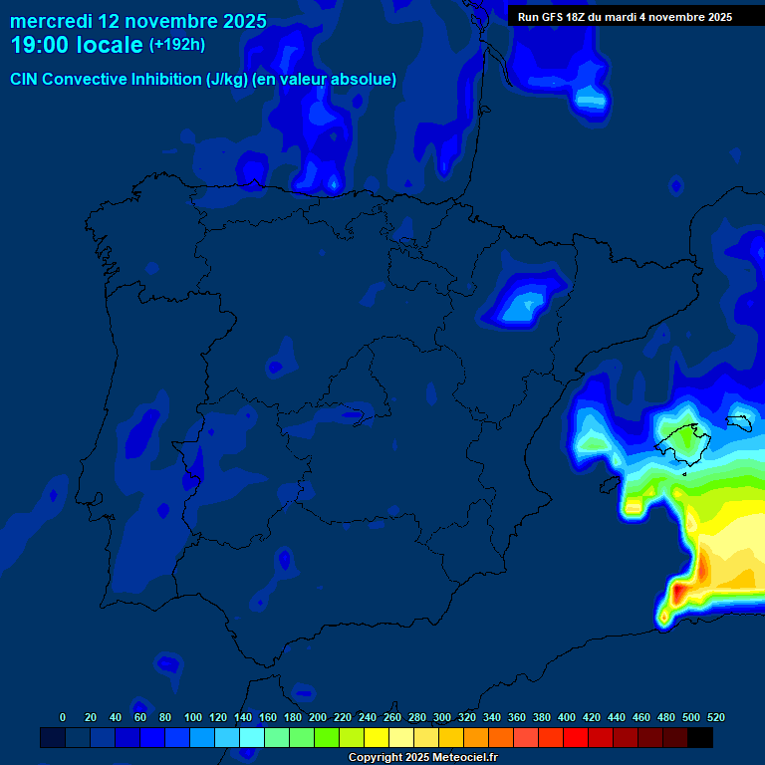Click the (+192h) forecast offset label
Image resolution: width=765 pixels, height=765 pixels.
176,45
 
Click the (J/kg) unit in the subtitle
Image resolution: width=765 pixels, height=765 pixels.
227,80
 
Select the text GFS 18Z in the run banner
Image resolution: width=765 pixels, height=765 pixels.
564,17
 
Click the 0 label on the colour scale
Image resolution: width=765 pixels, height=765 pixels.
63,717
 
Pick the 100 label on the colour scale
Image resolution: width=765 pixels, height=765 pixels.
193,717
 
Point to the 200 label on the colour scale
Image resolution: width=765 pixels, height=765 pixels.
318,717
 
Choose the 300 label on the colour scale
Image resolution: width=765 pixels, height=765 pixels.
442,717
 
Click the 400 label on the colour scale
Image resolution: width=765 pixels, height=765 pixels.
567,717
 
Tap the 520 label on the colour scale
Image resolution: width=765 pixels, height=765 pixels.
715,717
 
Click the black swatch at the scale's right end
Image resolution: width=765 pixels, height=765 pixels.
700,737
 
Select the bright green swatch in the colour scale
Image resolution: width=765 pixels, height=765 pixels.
327,737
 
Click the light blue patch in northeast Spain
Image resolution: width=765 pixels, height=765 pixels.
521,304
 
